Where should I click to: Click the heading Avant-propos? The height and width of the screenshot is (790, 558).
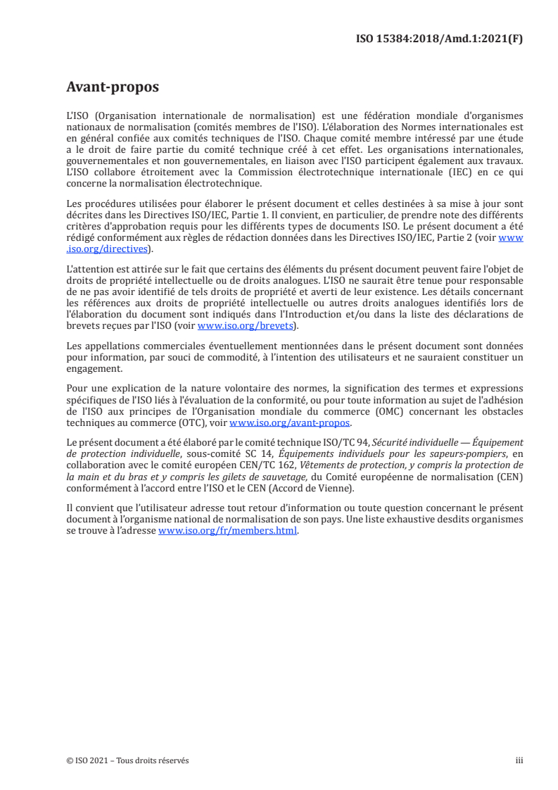pos(113,87)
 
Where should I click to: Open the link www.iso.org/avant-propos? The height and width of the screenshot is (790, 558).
pos(290,423)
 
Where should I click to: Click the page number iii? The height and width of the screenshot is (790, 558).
pos(519,760)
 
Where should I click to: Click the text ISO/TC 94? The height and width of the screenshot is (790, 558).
pos(336,443)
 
